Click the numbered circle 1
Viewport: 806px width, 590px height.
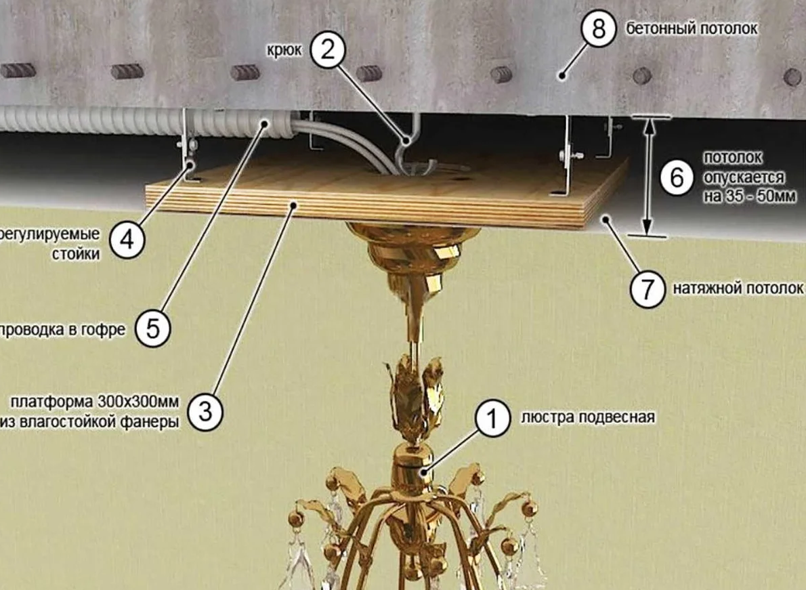coord(492,419)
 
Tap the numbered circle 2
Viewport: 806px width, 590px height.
coord(327,50)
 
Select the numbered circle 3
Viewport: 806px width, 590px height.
coord(205,412)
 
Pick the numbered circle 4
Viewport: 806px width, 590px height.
coord(127,240)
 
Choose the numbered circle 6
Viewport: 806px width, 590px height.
coord(677,178)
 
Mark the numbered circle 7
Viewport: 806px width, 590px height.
coord(648,289)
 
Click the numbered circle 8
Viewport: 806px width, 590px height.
coord(598,28)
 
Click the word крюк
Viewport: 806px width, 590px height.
coord(284,51)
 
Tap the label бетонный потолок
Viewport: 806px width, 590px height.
coord(692,28)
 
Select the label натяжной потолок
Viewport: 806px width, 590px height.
coord(738,289)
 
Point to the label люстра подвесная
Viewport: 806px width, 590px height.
coord(588,417)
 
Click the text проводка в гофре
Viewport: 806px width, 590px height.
coord(62,329)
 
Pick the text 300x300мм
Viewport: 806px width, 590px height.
coord(137,401)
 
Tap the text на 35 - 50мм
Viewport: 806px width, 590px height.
coord(750,196)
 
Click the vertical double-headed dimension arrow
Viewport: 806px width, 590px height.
coord(648,176)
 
